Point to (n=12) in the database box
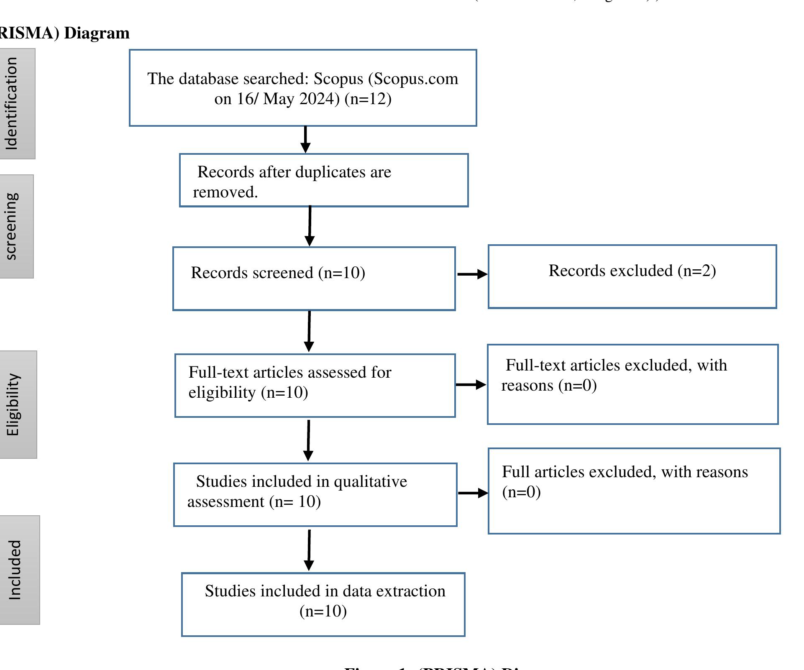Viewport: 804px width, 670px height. click(x=368, y=99)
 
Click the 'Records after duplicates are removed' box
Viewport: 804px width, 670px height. click(x=323, y=181)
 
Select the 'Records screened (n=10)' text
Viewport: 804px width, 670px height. click(x=278, y=273)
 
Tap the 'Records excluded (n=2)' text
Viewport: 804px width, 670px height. click(x=632, y=271)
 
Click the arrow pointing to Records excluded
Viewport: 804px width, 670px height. click(x=472, y=274)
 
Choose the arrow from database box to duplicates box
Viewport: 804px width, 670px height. click(x=305, y=140)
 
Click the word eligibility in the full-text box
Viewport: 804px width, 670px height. click(x=222, y=393)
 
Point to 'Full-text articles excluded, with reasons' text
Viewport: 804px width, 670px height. click(x=616, y=366)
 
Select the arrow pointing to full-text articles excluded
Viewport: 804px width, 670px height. click(x=471, y=384)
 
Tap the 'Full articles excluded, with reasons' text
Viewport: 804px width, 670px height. click(x=625, y=472)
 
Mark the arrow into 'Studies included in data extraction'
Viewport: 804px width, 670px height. click(x=309, y=550)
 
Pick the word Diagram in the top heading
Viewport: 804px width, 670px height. click(x=97, y=33)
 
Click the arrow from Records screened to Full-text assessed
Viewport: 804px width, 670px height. click(x=309, y=331)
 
